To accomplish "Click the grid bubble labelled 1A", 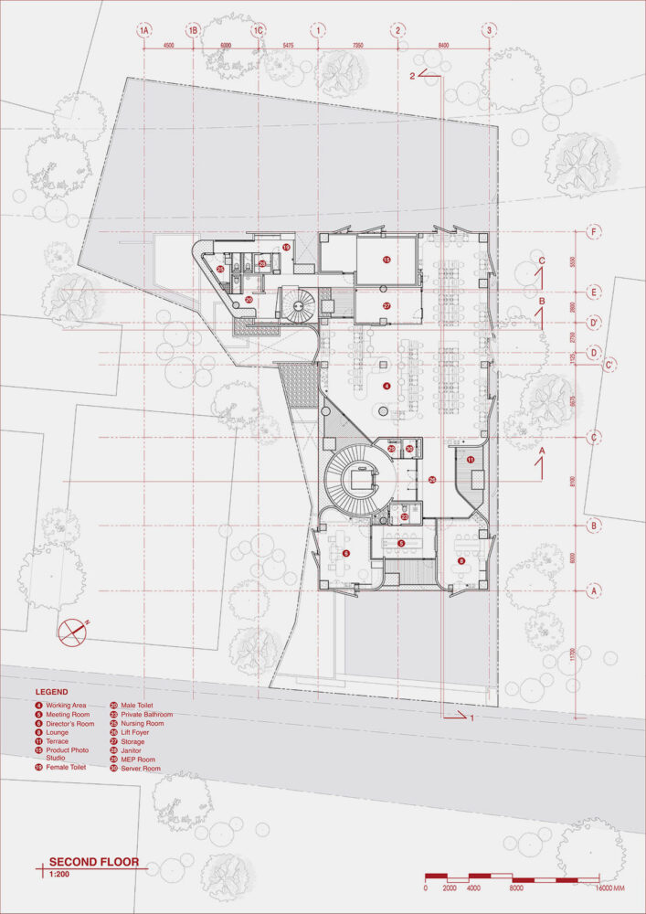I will point(143,30).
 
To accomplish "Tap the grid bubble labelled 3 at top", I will point(490,30).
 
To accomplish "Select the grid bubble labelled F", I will point(594,231).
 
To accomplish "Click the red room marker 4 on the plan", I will point(387,387).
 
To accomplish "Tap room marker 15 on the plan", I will point(387,260).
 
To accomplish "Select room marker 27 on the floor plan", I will point(387,305).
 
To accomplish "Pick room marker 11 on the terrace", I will point(471,460).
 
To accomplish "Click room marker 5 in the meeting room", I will point(401,544).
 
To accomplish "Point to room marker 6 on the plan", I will point(346,554).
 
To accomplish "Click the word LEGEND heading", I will point(51,692).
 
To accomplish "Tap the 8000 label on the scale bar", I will point(518,887).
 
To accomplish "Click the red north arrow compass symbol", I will point(71,630).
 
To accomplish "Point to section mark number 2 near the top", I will point(413,76).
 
